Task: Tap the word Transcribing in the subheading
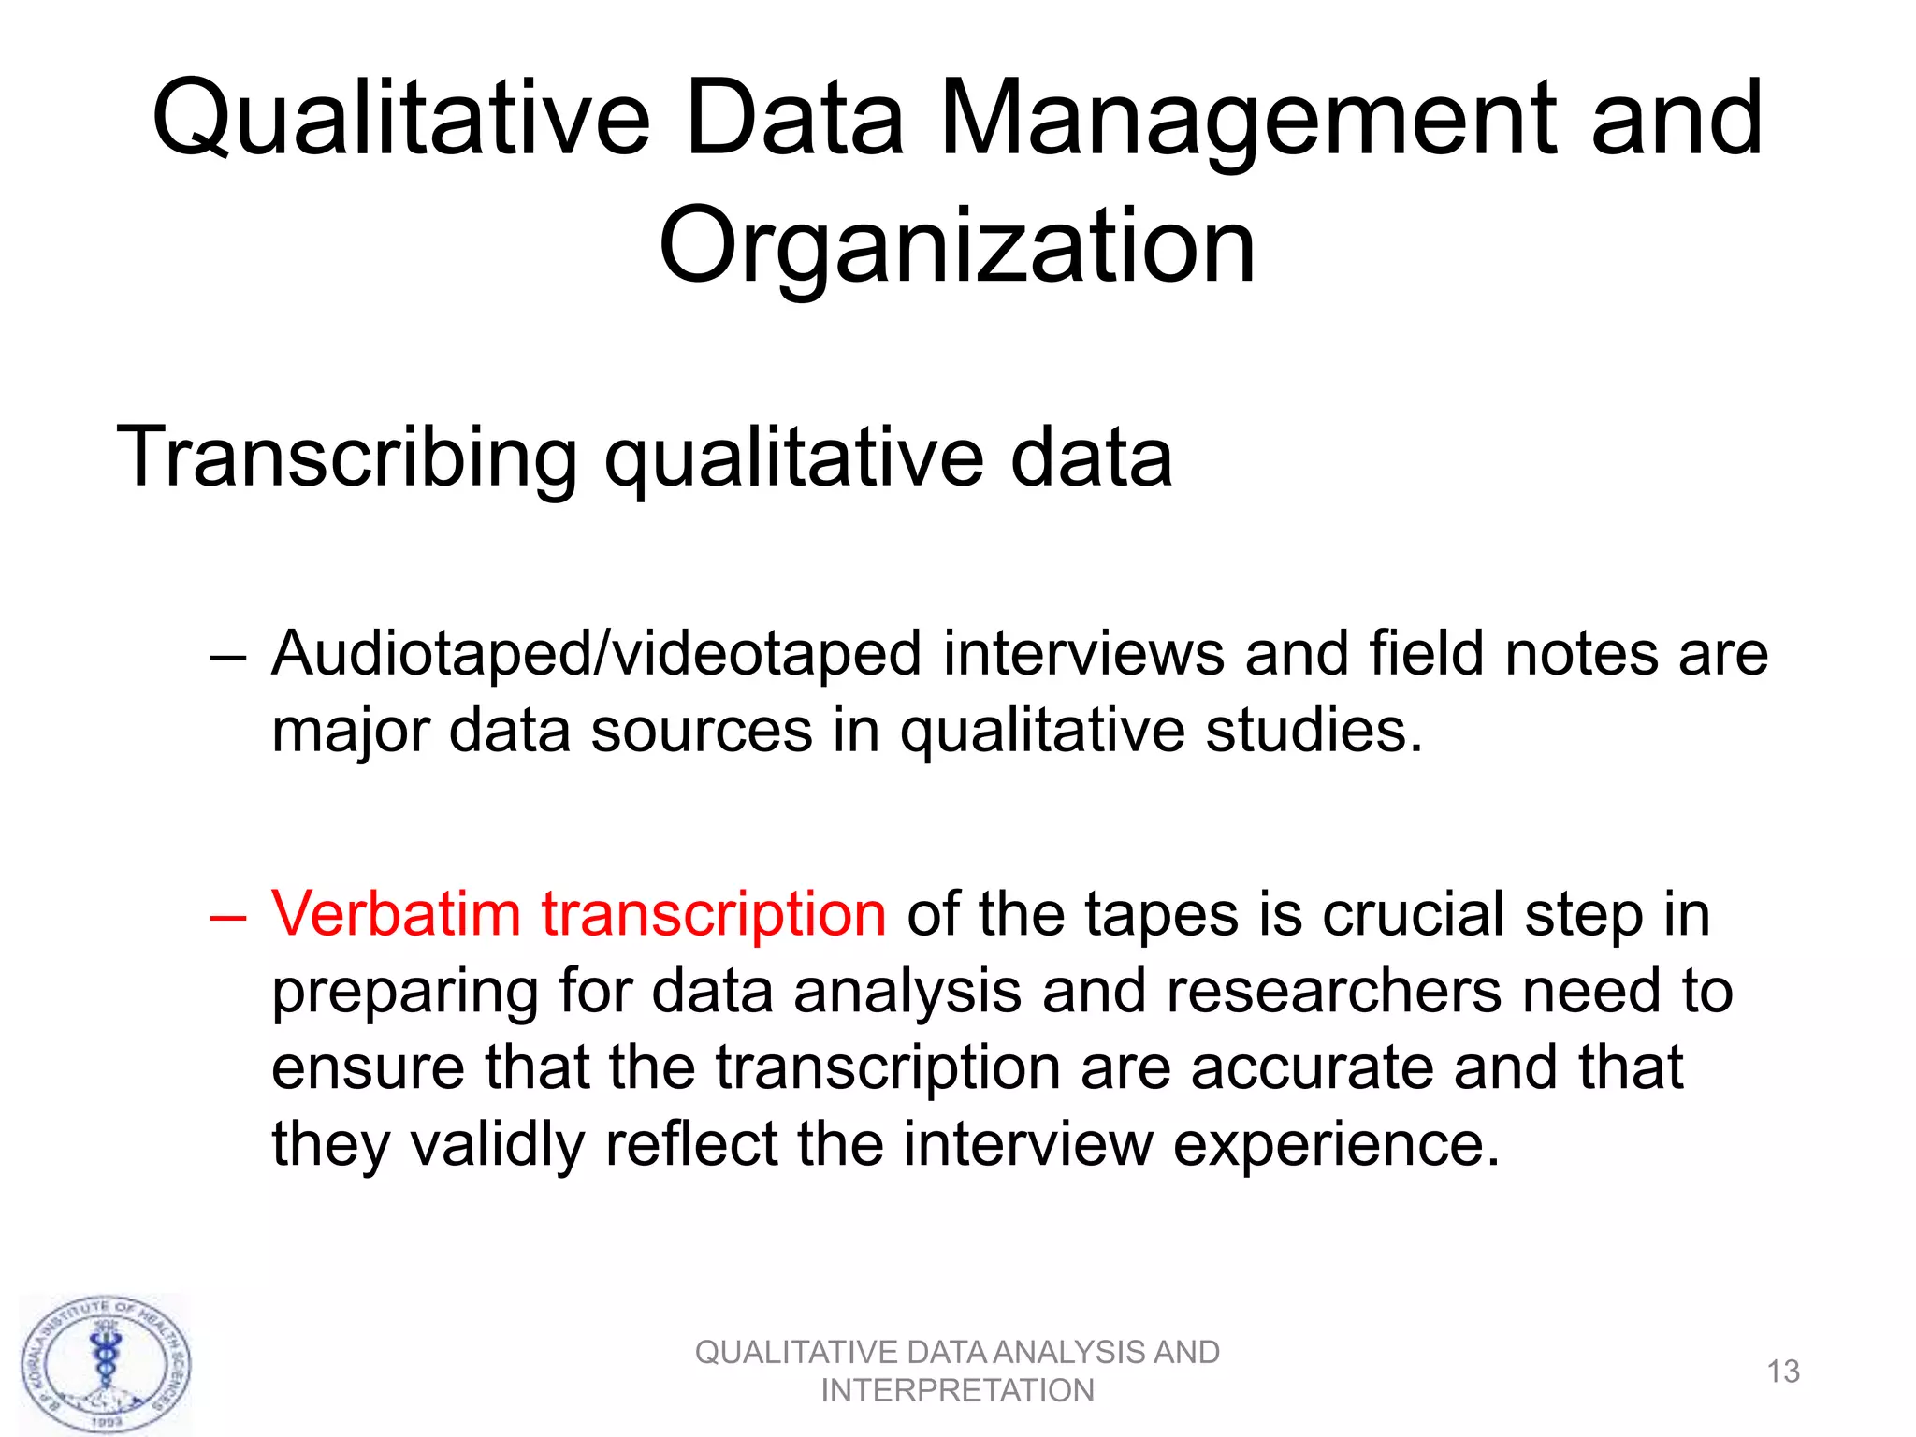347,457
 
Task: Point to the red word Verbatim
396,913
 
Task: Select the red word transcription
714,915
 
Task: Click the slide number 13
1783,1372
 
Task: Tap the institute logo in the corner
106,1365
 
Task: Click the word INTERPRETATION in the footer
957,1391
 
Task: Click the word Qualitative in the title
400,120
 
